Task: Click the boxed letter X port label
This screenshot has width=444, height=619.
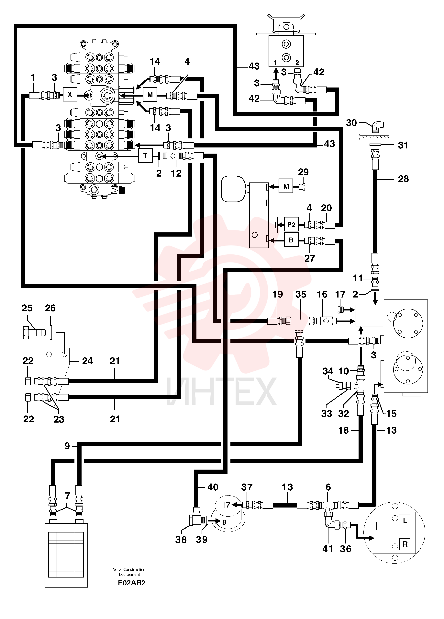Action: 70,94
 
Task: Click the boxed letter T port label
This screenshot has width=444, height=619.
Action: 145,156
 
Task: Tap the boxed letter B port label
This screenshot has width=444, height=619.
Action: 291,240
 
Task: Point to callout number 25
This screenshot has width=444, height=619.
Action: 27,308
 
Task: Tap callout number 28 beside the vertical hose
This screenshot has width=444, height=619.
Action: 403,179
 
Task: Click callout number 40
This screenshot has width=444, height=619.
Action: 213,487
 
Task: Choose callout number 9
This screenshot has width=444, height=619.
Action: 67,446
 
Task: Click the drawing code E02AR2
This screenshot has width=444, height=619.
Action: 132,583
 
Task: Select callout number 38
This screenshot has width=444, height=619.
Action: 181,540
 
